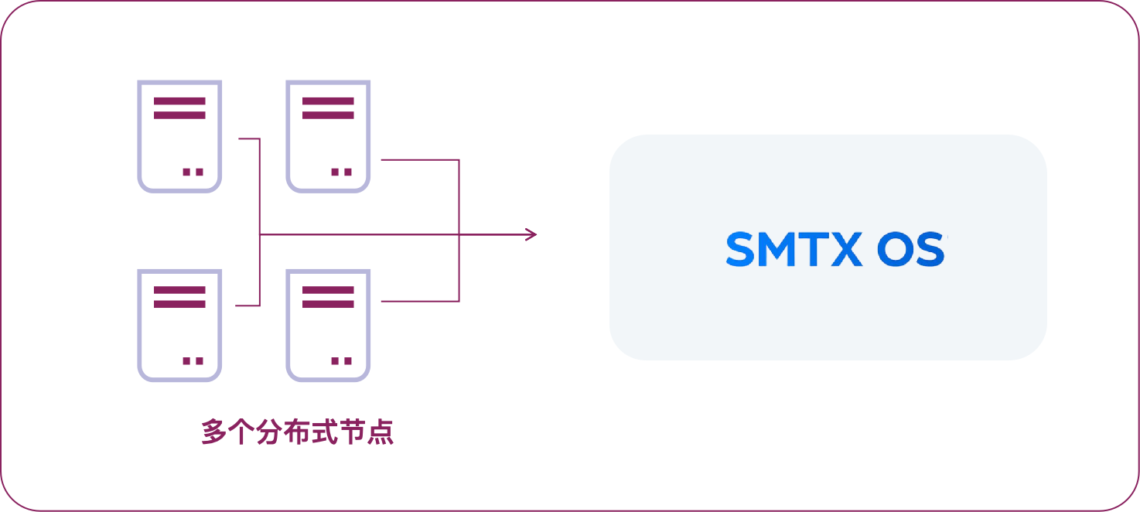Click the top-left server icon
(179, 136)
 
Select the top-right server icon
(328, 136)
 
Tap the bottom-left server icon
(179, 325)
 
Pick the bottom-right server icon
(328, 325)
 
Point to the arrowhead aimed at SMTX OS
(531, 234)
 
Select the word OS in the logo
(911, 249)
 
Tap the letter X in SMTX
(842, 249)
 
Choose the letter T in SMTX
(813, 249)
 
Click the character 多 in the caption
(213, 432)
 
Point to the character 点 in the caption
(381, 432)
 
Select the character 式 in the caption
(325, 432)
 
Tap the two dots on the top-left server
(193, 172)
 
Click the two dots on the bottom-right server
(341, 360)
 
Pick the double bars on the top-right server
(328, 108)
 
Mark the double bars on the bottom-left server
(179, 297)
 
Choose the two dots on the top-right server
(341, 172)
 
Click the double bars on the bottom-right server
(328, 297)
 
